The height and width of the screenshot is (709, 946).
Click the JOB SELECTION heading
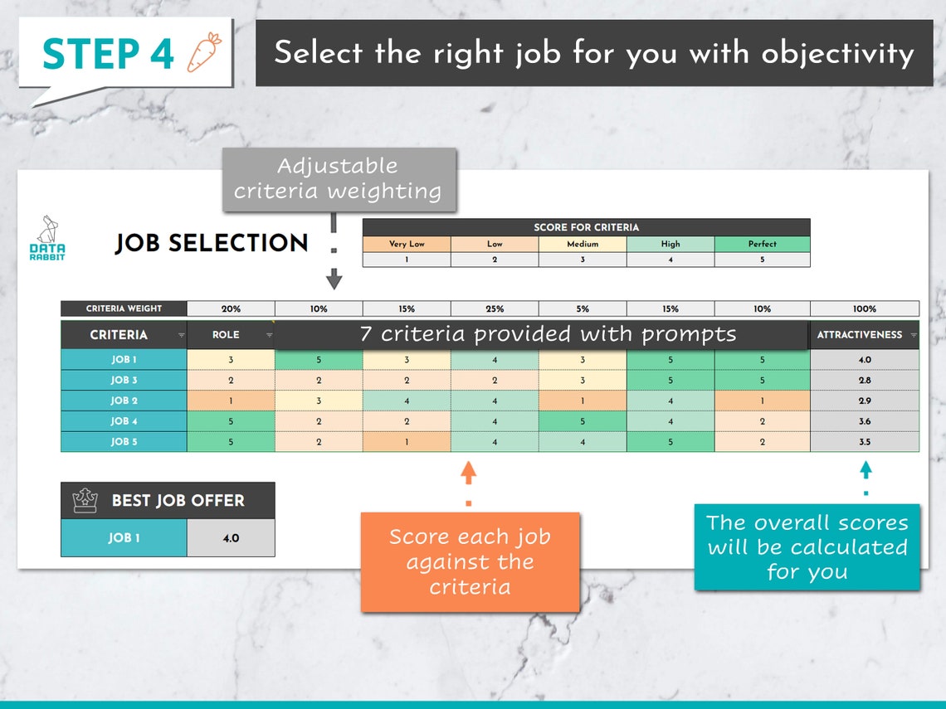coord(212,243)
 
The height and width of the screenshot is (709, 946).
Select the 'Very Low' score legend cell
coord(407,244)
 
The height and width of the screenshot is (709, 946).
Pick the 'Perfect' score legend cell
coord(762,244)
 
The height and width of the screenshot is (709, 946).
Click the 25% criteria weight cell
coord(495,308)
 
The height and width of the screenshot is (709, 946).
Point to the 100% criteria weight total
coord(864,308)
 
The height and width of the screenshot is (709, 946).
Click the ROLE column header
coord(226,335)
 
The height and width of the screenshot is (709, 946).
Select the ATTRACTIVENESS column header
coord(860,335)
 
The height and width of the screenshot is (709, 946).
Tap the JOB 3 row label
coord(124,380)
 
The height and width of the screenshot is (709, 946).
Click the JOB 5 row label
coord(124,442)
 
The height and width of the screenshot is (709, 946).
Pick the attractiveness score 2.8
coord(865,380)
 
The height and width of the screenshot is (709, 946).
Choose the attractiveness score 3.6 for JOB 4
coord(865,421)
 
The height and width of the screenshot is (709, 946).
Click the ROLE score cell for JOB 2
coord(231,401)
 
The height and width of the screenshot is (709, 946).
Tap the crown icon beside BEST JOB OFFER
coord(85,500)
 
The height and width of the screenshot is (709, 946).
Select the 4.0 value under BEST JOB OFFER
coord(231,538)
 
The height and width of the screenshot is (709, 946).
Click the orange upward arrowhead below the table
coord(468,473)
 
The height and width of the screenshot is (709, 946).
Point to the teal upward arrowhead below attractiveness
coord(866,469)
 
